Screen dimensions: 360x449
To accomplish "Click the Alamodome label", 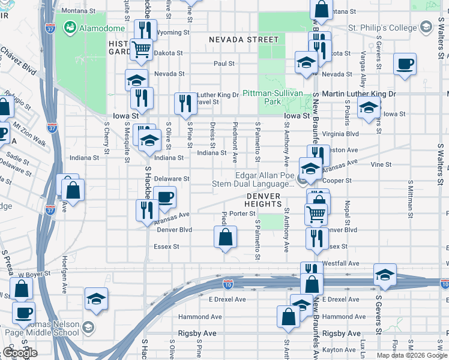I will click(x=103, y=28).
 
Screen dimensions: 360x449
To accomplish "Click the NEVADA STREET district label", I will click(x=244, y=40).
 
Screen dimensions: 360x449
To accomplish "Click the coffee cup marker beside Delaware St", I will click(x=164, y=196).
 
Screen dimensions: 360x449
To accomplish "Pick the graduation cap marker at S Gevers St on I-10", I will click(x=384, y=275).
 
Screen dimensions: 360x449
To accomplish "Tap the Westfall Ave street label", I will click(x=340, y=263).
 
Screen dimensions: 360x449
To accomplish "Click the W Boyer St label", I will click(x=32, y=275).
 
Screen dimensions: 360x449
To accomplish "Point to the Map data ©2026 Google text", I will click(x=411, y=355).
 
